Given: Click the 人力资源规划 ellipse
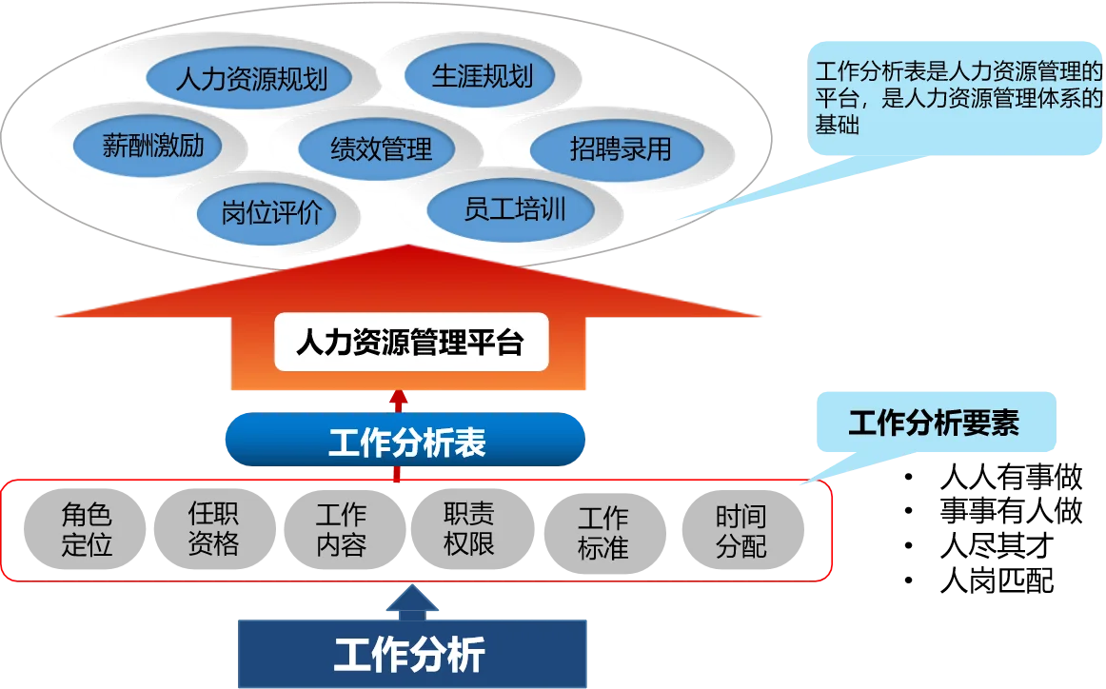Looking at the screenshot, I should pyautogui.click(x=250, y=78).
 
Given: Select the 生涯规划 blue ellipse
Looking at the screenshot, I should pyautogui.click(x=482, y=76).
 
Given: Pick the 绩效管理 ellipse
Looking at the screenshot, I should pyautogui.click(x=381, y=148).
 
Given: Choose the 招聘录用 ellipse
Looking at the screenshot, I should pyautogui.click(x=620, y=148).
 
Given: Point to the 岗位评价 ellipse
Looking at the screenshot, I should pyautogui.click(x=271, y=212).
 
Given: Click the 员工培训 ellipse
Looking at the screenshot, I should pyautogui.click(x=514, y=209).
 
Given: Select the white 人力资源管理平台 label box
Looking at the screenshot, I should pyautogui.click(x=411, y=342).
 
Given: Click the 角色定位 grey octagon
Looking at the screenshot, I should pyautogui.click(x=87, y=530).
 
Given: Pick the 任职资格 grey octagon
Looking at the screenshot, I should pyautogui.click(x=213, y=530).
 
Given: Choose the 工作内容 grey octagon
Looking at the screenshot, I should pyautogui.click(x=341, y=530).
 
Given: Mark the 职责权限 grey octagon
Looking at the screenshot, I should pyautogui.click(x=468, y=530).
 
